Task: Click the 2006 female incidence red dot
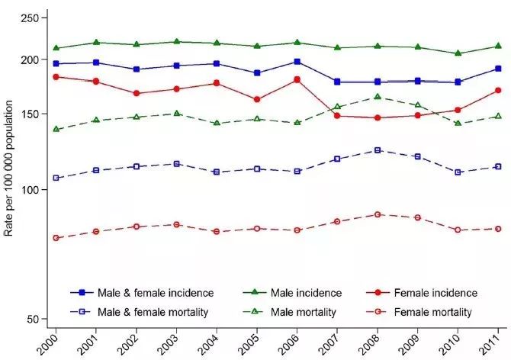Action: [x=297, y=79]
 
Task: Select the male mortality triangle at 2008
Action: [x=378, y=97]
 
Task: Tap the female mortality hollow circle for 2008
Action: [x=378, y=214]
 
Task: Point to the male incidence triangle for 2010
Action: [x=458, y=53]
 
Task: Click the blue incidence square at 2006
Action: [x=297, y=62]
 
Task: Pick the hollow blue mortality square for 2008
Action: [x=378, y=150]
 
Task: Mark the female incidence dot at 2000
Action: [x=56, y=77]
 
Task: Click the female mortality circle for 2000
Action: [x=56, y=238]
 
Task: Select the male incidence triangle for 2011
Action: [x=498, y=46]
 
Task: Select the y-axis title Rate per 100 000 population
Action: [x=10, y=177]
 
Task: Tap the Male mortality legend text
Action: [x=298, y=312]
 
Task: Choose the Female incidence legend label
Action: [x=435, y=292]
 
